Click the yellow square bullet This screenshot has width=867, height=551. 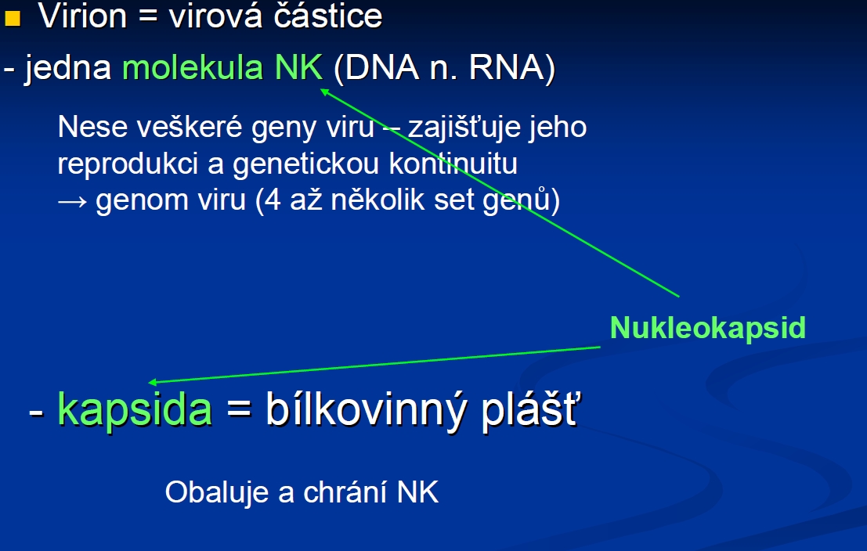pyautogui.click(x=13, y=18)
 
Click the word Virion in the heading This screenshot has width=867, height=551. pyautogui.click(x=83, y=16)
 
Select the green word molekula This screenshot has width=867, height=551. pyautogui.click(x=193, y=68)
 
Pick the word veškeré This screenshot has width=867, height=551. pyautogui.click(x=189, y=127)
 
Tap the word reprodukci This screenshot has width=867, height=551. pyautogui.click(x=128, y=164)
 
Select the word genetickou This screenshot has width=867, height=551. pyautogui.click(x=305, y=164)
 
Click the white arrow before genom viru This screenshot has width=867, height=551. pyautogui.click(x=72, y=201)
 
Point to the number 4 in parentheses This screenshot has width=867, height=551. pyautogui.click(x=273, y=200)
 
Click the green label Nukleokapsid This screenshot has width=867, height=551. pyautogui.click(x=708, y=328)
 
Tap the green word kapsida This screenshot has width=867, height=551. pyautogui.click(x=135, y=409)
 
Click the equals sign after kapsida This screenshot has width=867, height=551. pyautogui.click(x=239, y=410)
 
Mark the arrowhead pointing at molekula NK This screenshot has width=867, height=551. pyautogui.click(x=324, y=92)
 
